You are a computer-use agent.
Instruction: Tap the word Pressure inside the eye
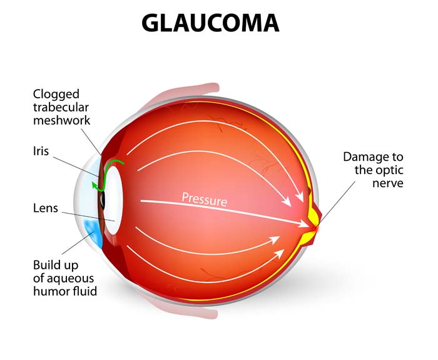[204, 199]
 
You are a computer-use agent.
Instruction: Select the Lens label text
[46, 208]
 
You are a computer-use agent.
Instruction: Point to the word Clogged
[56, 95]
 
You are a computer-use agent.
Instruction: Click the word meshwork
[61, 120]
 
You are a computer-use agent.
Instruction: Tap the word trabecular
[61, 107]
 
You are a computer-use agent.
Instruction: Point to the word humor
[49, 291]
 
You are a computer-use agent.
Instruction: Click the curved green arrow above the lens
[113, 165]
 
